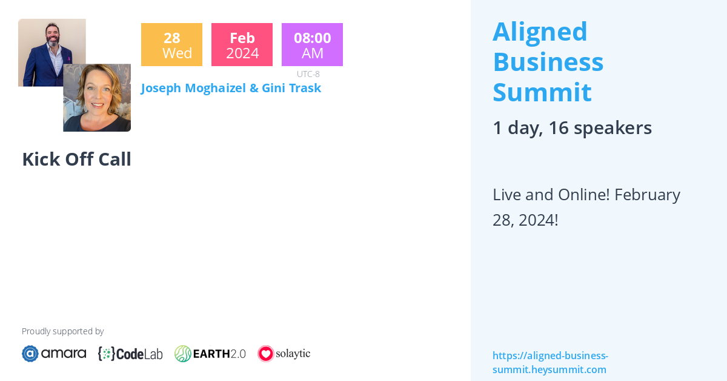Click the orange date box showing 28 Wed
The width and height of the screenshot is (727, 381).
click(x=171, y=44)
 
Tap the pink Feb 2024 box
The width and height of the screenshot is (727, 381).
click(x=242, y=44)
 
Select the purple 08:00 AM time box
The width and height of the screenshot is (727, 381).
click(x=312, y=44)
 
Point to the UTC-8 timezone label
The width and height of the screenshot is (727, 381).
click(x=308, y=74)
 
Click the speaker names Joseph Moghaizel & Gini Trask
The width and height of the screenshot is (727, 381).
click(x=231, y=88)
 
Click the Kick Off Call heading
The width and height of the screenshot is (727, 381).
click(x=76, y=160)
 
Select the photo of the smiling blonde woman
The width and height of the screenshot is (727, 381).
click(x=97, y=98)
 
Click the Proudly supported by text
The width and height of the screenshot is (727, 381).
click(x=62, y=331)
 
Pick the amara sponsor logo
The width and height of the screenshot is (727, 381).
click(x=54, y=354)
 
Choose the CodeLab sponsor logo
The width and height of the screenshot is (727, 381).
click(x=130, y=354)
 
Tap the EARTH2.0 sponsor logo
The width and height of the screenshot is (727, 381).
click(x=210, y=354)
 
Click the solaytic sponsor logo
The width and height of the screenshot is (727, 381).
click(x=284, y=354)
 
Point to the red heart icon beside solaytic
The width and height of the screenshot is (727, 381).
click(x=266, y=354)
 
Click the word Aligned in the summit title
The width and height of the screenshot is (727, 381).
click(x=540, y=33)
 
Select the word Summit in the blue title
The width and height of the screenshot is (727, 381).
click(x=542, y=92)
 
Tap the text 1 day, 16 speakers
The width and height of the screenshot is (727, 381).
click(x=572, y=128)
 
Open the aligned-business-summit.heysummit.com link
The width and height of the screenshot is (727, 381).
click(x=551, y=362)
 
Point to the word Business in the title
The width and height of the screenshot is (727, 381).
click(x=548, y=62)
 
